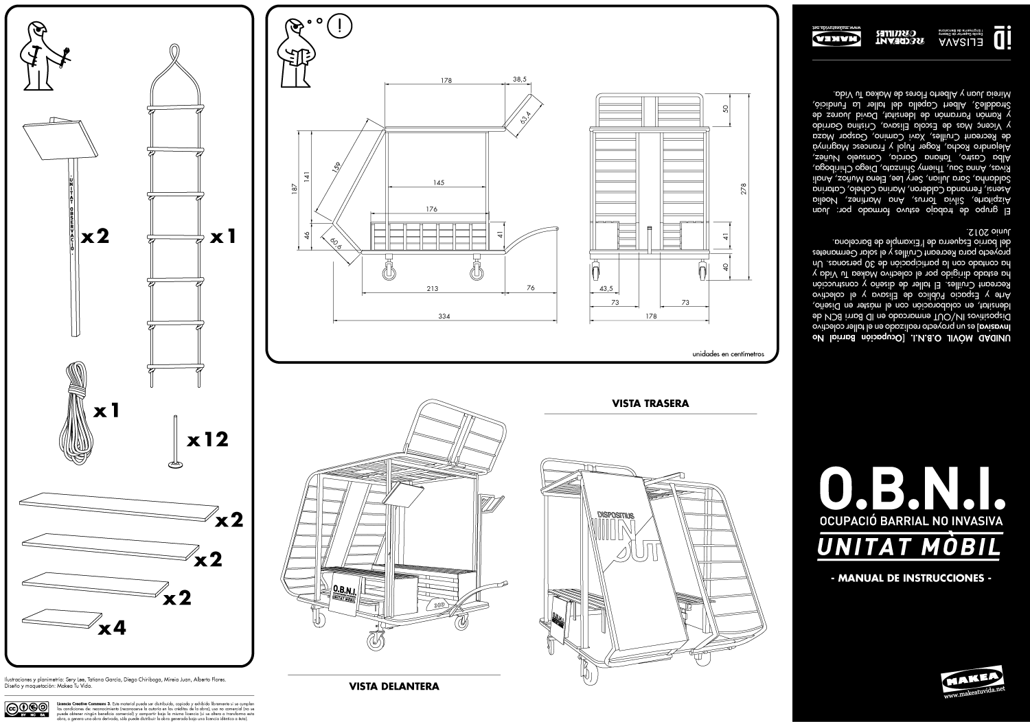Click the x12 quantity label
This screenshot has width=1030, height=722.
point(207,439)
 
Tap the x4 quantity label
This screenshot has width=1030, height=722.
point(113,627)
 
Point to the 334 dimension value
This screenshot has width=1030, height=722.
point(444,316)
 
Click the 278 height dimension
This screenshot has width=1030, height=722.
point(744,189)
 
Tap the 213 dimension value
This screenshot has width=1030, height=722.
point(432,288)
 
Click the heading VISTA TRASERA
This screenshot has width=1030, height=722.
point(650,404)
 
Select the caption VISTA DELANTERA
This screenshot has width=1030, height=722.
point(394,686)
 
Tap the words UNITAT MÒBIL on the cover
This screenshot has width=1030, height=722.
point(910,548)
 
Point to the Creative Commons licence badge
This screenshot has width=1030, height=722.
point(27,710)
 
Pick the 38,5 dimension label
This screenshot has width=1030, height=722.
point(519,80)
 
